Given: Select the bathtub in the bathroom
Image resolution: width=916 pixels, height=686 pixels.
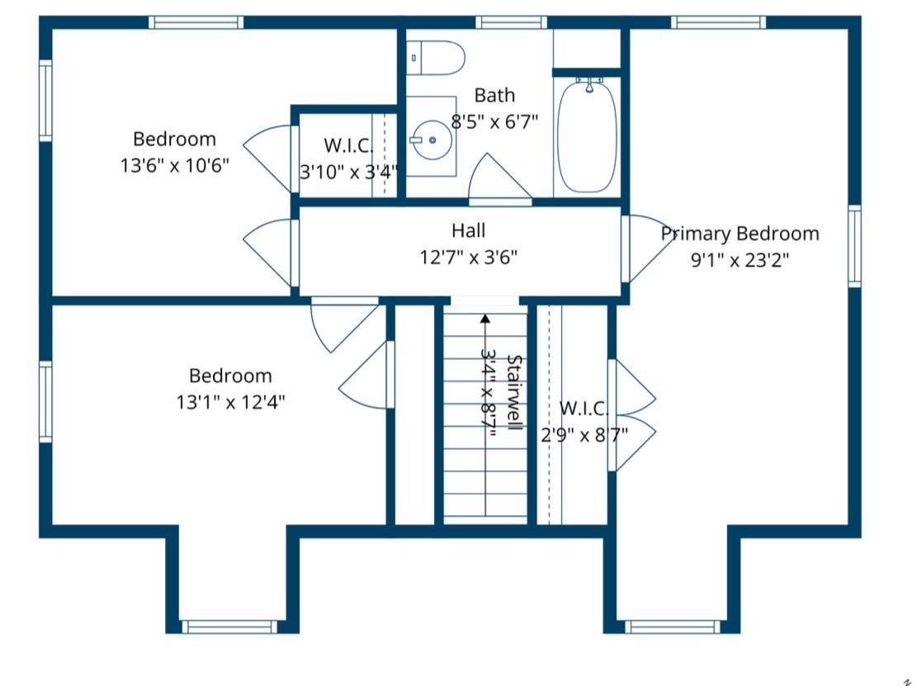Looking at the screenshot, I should (x=587, y=135).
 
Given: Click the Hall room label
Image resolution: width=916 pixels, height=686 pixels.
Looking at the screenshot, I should (x=468, y=230).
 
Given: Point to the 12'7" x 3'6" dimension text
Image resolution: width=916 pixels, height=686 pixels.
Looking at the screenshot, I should (x=468, y=257).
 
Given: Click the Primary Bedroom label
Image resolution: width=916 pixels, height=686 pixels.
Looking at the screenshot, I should (x=739, y=234).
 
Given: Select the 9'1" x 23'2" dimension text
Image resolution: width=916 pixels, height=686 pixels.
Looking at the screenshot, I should (x=739, y=260).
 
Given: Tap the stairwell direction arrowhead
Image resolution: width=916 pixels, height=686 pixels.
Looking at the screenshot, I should (x=485, y=317).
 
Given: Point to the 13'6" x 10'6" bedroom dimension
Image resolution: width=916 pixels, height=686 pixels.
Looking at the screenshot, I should (x=174, y=165).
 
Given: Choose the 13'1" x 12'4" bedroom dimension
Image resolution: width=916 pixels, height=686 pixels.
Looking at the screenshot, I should (x=230, y=402).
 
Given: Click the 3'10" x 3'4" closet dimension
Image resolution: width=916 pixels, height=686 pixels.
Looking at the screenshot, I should (x=348, y=173).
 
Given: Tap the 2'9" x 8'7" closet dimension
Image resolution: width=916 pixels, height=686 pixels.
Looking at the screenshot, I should (x=584, y=434).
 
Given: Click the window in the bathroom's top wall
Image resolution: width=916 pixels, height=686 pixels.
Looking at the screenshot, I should (x=511, y=22).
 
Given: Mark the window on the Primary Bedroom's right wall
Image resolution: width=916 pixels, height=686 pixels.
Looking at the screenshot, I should (x=854, y=246).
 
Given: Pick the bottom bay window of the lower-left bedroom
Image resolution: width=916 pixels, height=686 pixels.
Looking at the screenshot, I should (x=229, y=627).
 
